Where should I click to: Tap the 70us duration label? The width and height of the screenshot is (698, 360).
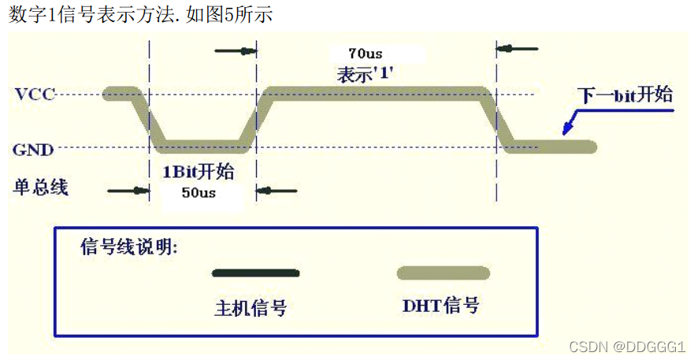(365, 54)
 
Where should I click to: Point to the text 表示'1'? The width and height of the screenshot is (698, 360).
(365, 75)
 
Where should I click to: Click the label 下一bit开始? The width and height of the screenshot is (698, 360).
(626, 95)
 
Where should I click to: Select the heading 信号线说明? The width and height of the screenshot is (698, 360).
(129, 247)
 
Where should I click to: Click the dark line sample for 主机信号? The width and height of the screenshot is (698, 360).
(256, 273)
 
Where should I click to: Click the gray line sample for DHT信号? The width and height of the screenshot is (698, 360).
(443, 273)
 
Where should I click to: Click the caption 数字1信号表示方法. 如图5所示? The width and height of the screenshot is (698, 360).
(141, 14)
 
